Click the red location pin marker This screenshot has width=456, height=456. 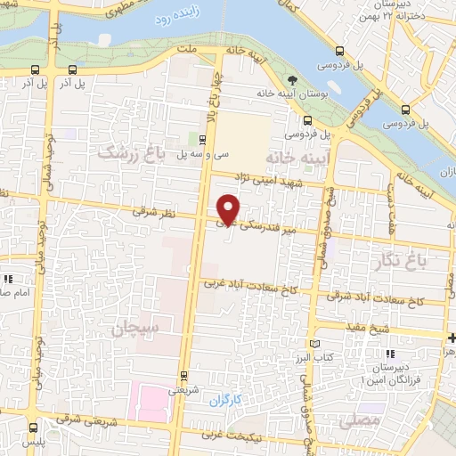(x=229, y=208)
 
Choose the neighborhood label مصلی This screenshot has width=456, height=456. (x=361, y=418)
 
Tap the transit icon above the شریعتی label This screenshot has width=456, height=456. (x=183, y=375)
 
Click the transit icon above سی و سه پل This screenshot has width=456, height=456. (x=204, y=139)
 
